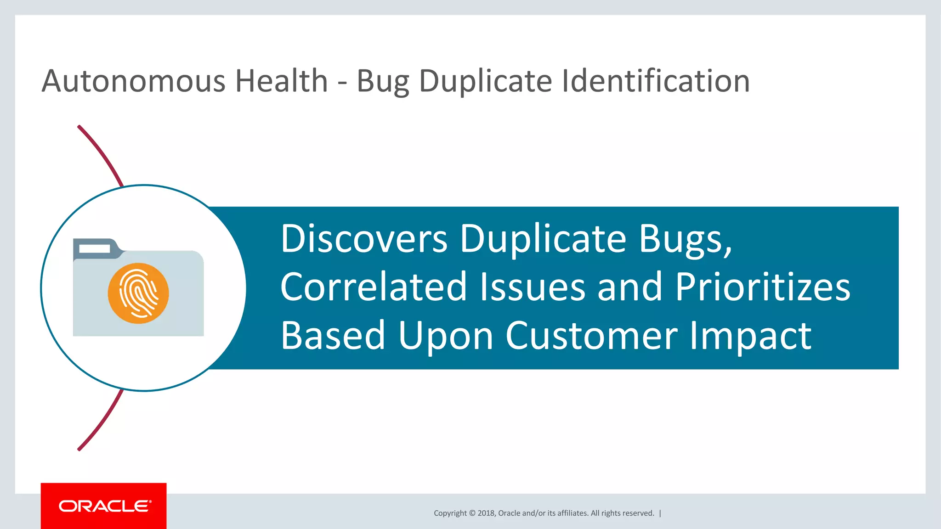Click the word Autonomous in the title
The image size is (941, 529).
(133, 81)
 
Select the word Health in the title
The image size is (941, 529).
(281, 81)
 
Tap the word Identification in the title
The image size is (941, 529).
(656, 81)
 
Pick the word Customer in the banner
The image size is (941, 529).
(591, 336)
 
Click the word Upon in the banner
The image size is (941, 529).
(445, 337)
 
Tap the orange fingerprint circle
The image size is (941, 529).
(138, 293)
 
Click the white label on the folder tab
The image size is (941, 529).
(95, 248)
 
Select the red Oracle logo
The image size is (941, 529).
(104, 506)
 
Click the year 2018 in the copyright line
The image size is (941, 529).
(486, 513)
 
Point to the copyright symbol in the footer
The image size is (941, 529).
(472, 513)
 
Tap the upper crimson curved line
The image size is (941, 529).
(102, 154)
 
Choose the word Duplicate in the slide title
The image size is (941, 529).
(485, 81)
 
